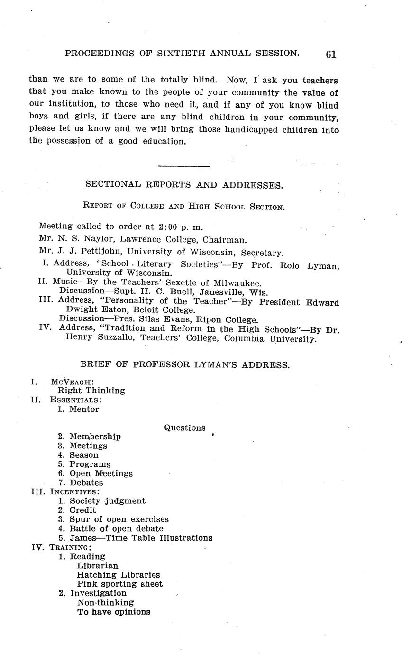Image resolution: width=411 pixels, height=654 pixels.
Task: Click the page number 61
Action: [x=331, y=54]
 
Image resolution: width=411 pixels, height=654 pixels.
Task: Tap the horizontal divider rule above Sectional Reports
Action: [x=184, y=166]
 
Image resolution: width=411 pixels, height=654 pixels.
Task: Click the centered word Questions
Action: [x=185, y=428]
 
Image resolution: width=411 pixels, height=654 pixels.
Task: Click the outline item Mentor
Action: [x=84, y=409]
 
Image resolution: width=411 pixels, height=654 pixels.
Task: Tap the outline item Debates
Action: [x=86, y=482]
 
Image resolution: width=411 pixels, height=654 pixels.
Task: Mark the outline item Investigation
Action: [x=98, y=593]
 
